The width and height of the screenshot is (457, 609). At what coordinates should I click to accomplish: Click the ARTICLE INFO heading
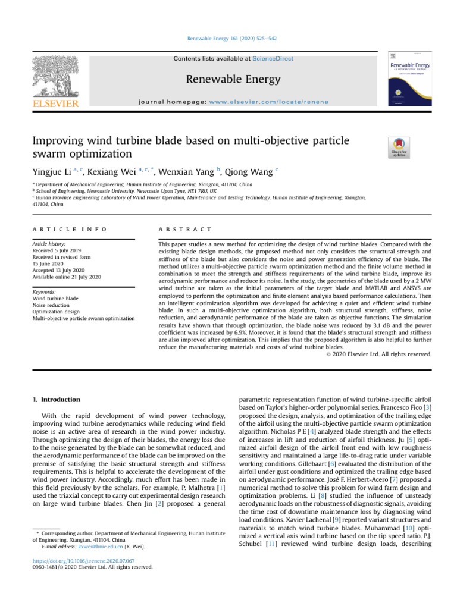pos(70,228)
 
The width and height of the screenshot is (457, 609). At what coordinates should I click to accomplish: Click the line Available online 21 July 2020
pos(66,277)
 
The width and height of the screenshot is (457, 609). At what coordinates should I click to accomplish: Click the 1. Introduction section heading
pos(57,400)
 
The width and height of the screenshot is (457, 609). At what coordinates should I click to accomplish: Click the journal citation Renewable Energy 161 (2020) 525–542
pos(228,39)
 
